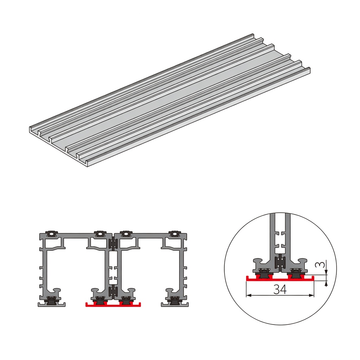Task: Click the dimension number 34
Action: (280, 289)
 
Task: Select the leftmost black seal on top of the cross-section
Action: (52, 233)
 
